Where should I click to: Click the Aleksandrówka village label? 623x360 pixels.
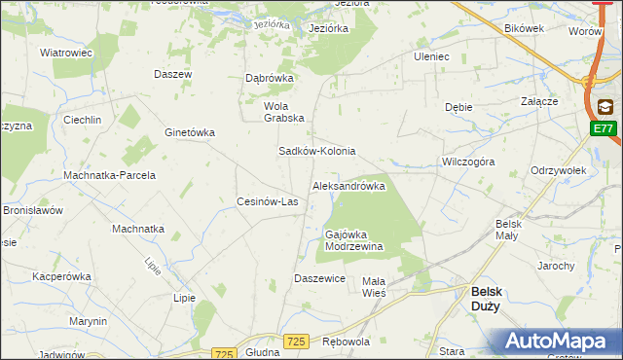pyautogui.click(x=348, y=186)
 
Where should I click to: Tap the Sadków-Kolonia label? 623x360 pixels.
pyautogui.click(x=317, y=152)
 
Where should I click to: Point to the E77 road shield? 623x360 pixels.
pyautogui.click(x=604, y=128)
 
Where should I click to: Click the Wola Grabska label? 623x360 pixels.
pyautogui.click(x=284, y=112)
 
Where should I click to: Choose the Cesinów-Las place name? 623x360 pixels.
pyautogui.click(x=268, y=202)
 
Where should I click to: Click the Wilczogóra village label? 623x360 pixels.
pyautogui.click(x=468, y=162)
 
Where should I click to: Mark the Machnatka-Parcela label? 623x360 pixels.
pyautogui.click(x=110, y=175)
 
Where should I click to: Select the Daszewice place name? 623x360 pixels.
pyautogui.click(x=320, y=278)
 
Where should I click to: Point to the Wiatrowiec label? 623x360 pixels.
pyautogui.click(x=65, y=53)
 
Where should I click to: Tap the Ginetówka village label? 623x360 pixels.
pyautogui.click(x=190, y=132)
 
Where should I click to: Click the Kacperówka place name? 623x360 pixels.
pyautogui.click(x=61, y=276)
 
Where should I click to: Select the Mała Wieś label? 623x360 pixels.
pyautogui.click(x=374, y=287)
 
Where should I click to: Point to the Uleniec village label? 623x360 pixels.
pyautogui.click(x=430, y=56)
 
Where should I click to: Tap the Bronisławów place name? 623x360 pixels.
pyautogui.click(x=33, y=210)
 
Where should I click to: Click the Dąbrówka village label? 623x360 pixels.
pyautogui.click(x=269, y=79)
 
